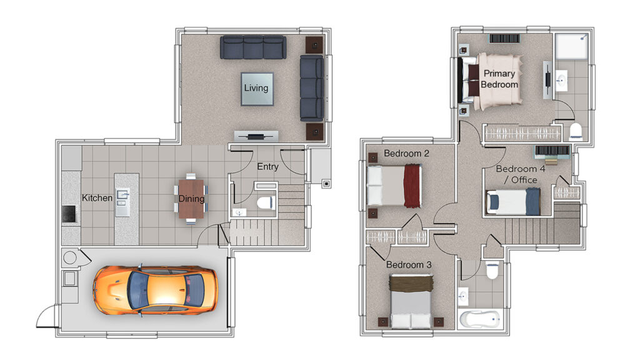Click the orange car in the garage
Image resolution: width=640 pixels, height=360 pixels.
point(155,290)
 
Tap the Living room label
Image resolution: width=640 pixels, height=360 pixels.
point(256,87)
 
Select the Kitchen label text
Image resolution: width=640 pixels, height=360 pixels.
point(97,198)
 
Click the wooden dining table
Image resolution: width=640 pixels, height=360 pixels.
point(191,199)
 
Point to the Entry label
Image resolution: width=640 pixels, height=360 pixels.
point(267,166)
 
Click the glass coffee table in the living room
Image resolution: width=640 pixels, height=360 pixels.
point(257,89)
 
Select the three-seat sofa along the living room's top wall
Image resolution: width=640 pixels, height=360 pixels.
point(253,47)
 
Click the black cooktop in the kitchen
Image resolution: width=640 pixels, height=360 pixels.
point(69,214)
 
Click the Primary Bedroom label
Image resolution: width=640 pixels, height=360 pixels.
point(499,79)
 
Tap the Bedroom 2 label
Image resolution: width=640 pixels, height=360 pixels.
point(406,154)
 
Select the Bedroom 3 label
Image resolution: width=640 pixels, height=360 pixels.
point(409,265)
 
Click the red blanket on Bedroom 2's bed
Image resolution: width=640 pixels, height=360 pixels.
point(412,186)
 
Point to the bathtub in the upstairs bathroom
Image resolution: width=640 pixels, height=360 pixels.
point(480,319)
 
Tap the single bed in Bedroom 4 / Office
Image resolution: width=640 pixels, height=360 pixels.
point(513,202)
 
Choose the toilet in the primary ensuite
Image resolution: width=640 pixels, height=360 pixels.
point(576,131)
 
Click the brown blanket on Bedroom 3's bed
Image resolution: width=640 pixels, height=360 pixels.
point(411,282)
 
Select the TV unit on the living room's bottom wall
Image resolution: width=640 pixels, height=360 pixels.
point(256,136)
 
